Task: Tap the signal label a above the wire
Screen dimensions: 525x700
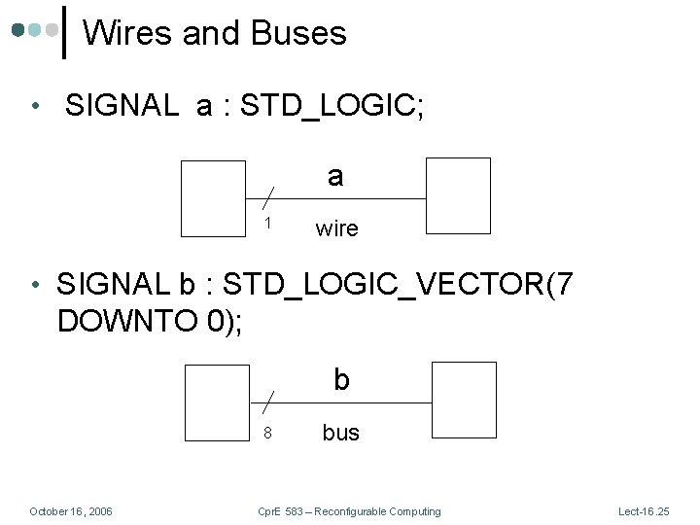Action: (335, 176)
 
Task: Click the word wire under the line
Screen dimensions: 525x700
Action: (337, 229)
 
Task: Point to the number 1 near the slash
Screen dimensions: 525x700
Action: (268, 224)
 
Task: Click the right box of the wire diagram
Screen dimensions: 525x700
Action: (459, 196)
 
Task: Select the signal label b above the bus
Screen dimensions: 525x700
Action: (341, 379)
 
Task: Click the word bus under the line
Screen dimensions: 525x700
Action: (340, 433)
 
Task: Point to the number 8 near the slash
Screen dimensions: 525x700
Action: (268, 433)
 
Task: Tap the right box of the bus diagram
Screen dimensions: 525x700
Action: (464, 400)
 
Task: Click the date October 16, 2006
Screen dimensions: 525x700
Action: (71, 511)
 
